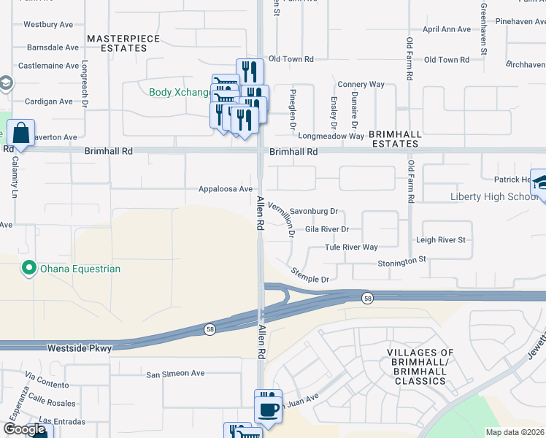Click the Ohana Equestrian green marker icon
(29, 269)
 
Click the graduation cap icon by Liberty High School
(542, 182)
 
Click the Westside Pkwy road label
(79, 348)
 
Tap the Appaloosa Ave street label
(226, 189)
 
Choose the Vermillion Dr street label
(281, 220)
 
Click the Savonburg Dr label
(315, 212)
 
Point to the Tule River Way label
(351, 247)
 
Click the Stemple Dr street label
(310, 275)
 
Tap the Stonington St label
(401, 261)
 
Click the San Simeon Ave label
(175, 374)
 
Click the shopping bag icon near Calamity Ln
(20, 134)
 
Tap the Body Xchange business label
(179, 93)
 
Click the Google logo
(24, 429)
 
